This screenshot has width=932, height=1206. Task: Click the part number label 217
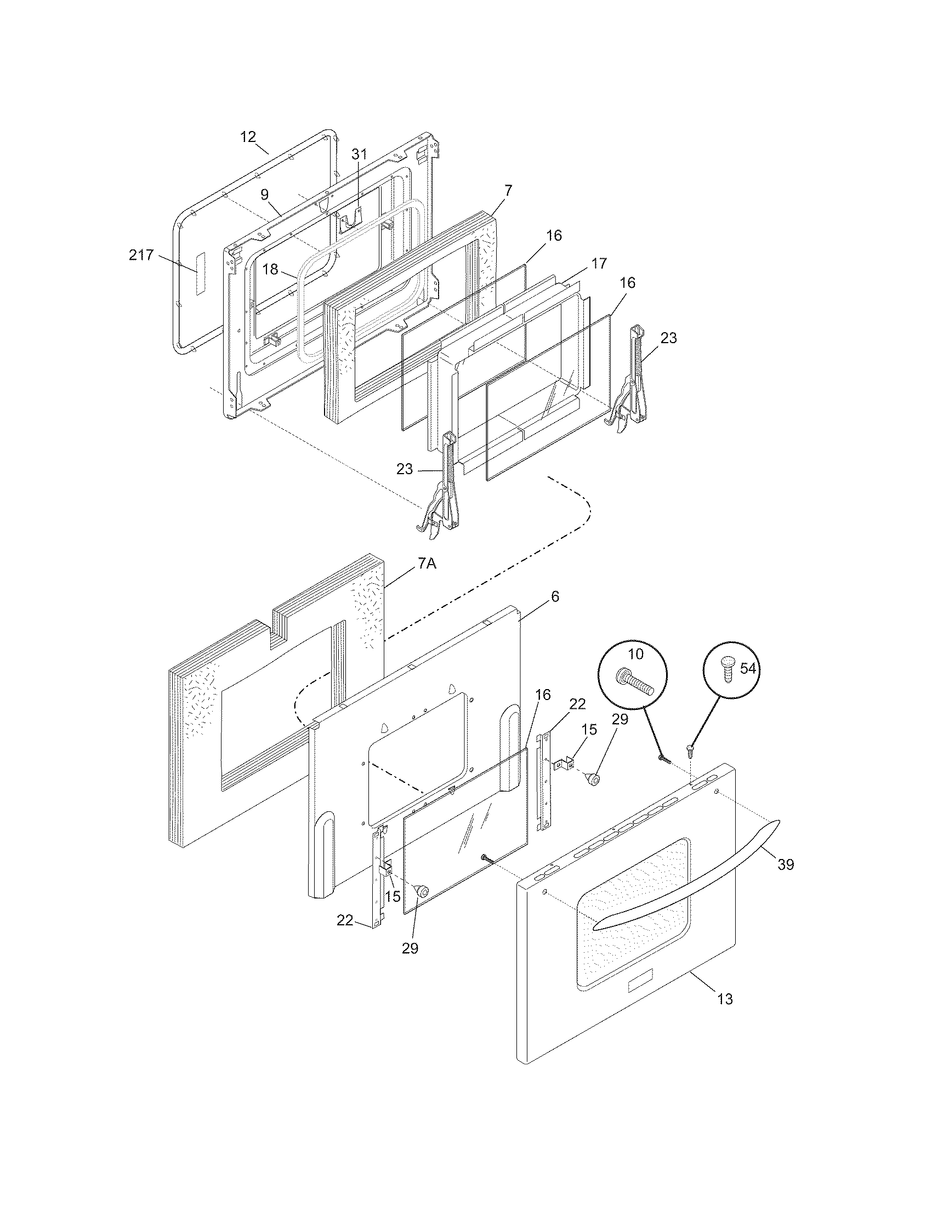141,255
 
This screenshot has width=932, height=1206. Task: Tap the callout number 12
248,137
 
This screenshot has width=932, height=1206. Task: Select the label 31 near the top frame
359,155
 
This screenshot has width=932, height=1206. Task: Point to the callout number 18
270,270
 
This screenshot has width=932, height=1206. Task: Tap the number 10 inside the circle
635,655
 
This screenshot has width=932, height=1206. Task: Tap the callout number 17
599,263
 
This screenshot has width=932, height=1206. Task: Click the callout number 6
555,596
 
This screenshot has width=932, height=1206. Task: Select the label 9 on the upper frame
265,195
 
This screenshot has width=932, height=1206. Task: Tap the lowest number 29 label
410,948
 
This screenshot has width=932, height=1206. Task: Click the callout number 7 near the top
508,191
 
